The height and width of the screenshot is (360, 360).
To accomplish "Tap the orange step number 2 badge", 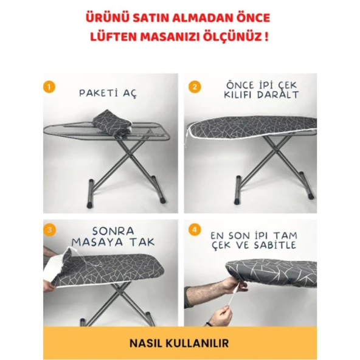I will (195, 86).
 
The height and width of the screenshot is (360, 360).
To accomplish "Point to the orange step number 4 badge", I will (195, 230).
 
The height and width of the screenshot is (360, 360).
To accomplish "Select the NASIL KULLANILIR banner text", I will (179, 343).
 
